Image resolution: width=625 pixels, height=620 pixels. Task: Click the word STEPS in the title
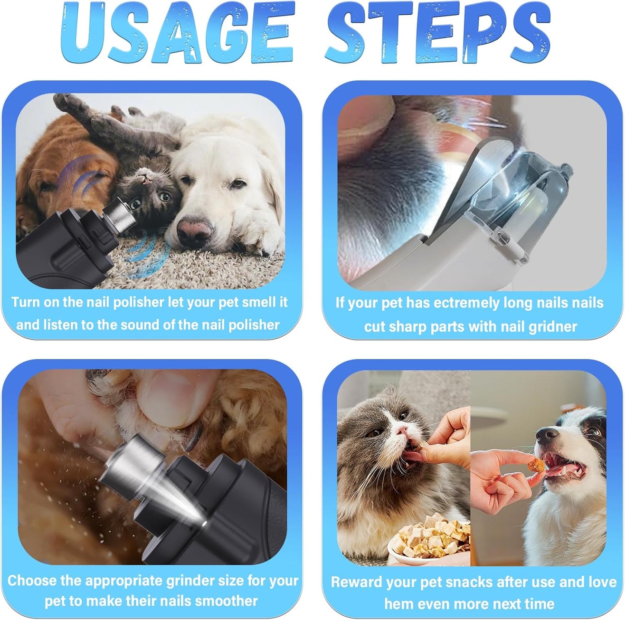coord(437,34)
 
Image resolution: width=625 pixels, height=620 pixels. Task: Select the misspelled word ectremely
coord(466,303)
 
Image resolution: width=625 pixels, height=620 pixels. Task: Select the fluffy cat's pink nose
coord(403,430)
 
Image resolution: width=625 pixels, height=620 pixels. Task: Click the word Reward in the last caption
coord(356,582)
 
